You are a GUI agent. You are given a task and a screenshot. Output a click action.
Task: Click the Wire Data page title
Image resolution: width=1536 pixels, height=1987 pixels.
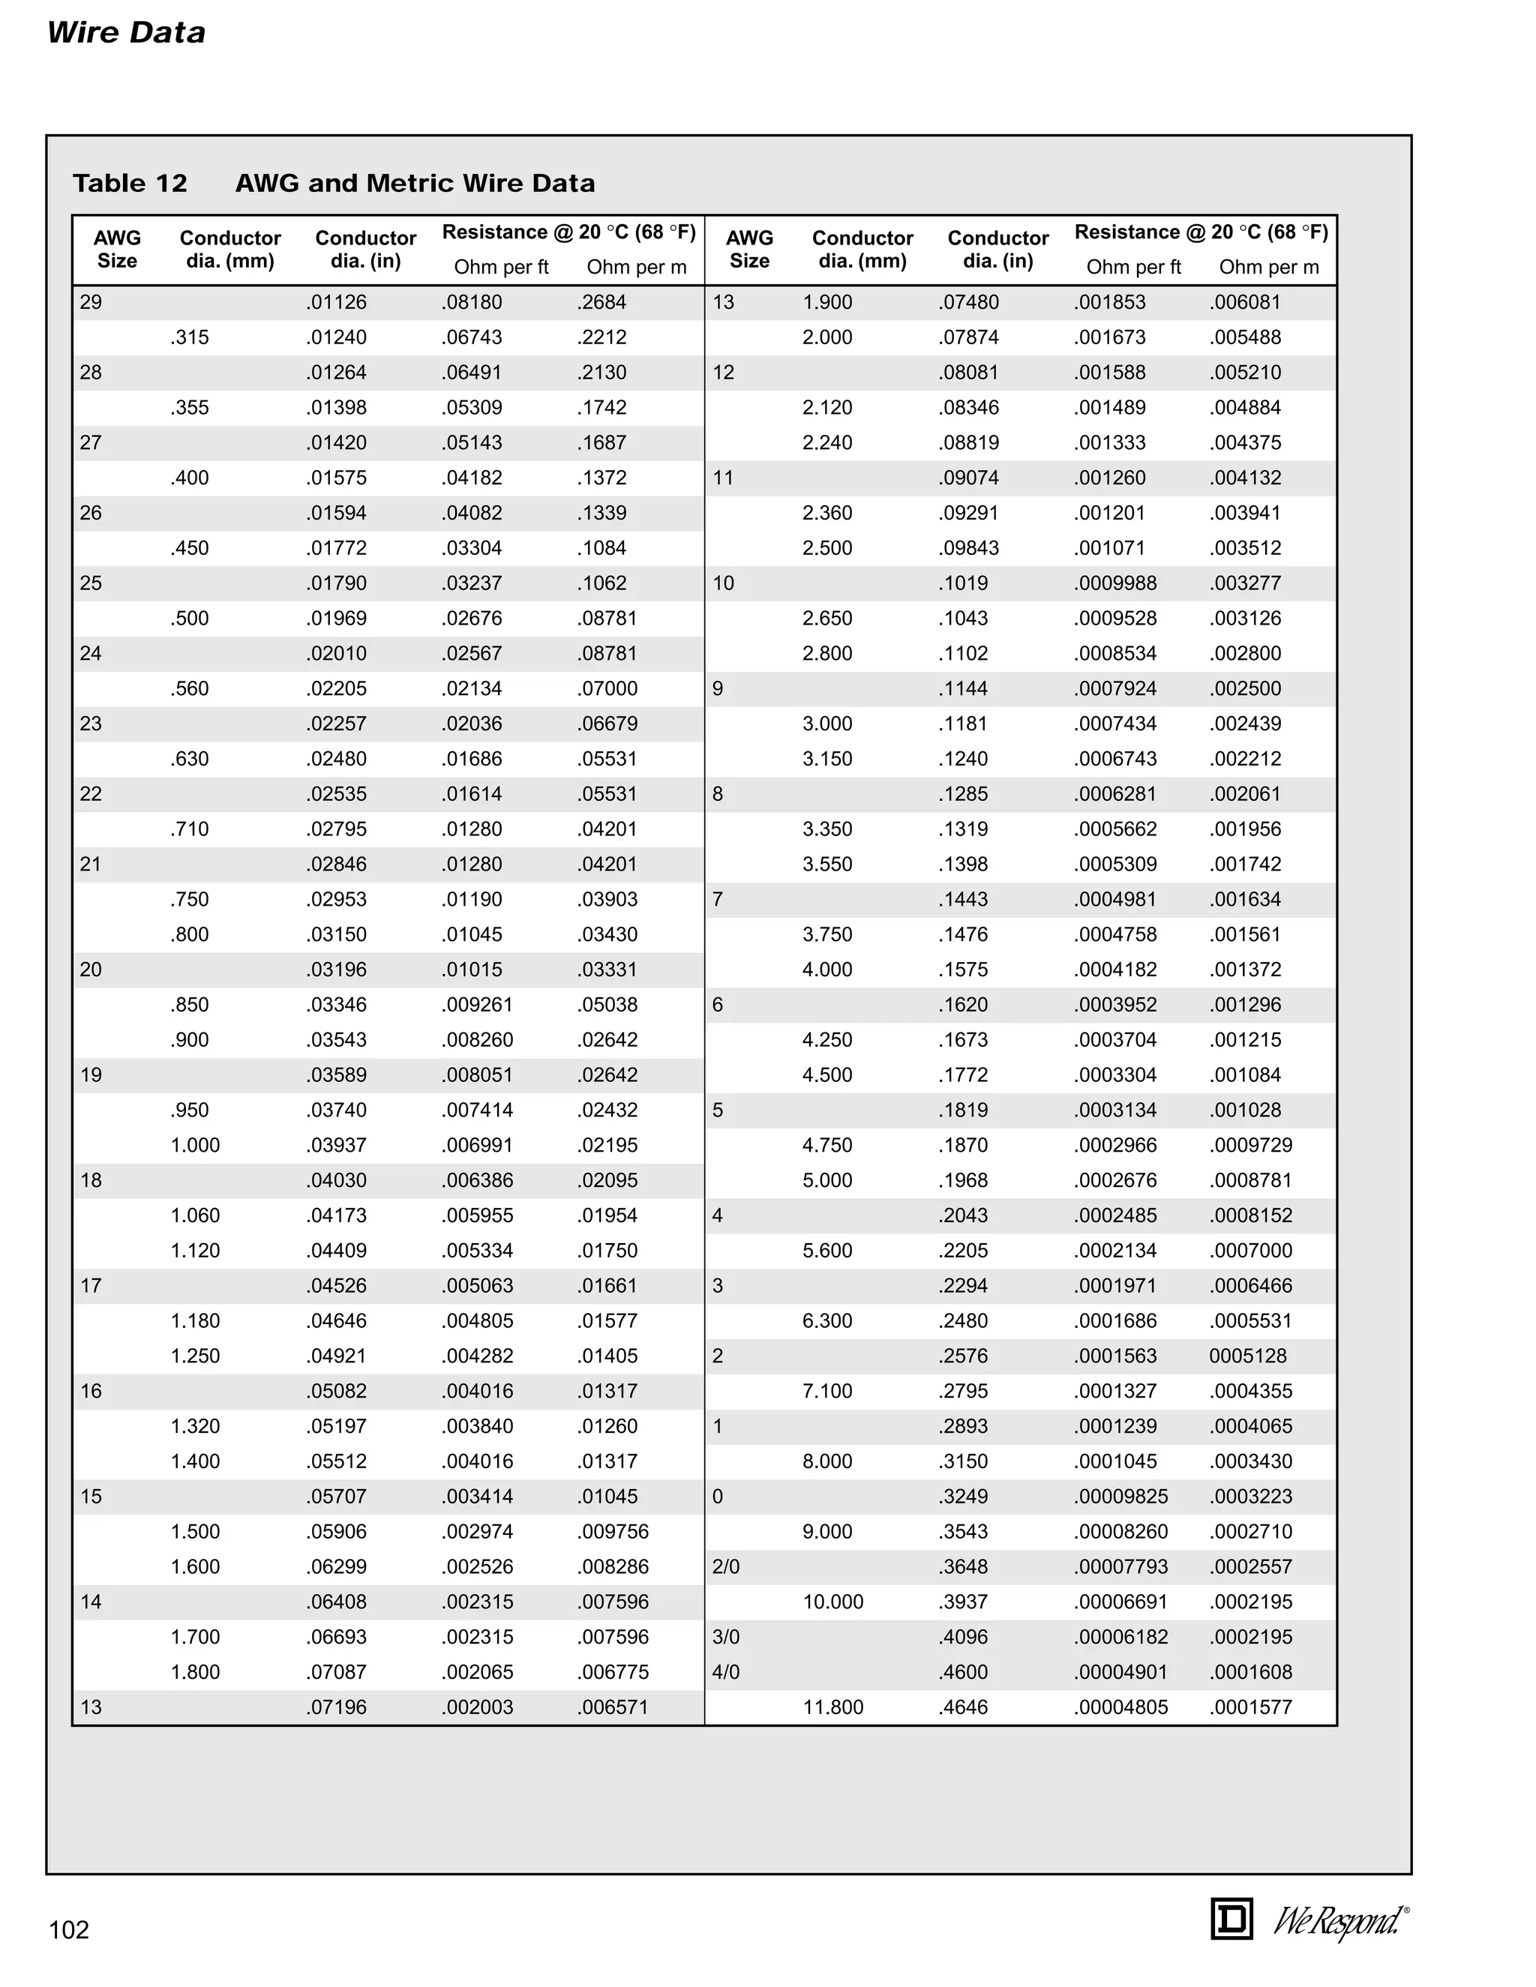(127, 33)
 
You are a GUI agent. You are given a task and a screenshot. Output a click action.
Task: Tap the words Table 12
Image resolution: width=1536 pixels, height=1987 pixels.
(130, 184)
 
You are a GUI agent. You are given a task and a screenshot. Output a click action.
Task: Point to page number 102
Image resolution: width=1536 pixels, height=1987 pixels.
(69, 1930)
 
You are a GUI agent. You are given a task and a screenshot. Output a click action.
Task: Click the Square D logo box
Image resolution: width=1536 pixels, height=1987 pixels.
(1231, 1919)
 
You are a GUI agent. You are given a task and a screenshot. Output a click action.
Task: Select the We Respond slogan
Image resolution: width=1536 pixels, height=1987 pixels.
(1339, 1920)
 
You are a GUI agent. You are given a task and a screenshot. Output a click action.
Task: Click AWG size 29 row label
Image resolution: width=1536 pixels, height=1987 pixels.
(91, 302)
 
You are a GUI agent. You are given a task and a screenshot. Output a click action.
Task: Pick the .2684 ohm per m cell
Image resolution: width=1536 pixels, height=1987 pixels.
(601, 302)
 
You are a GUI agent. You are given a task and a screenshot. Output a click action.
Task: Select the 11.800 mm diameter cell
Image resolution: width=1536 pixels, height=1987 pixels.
(832, 1707)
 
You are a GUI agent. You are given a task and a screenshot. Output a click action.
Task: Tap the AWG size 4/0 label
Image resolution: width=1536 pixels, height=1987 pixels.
(726, 1672)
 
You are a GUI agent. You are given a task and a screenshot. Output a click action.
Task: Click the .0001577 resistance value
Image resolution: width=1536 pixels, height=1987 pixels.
(1250, 1707)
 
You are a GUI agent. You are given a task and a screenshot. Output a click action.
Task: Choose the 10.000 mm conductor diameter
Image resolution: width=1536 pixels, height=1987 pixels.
(832, 1602)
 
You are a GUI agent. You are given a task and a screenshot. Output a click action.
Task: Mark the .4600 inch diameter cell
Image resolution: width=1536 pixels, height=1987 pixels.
(963, 1672)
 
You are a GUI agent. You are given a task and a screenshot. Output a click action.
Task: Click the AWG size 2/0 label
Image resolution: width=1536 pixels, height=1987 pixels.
(726, 1566)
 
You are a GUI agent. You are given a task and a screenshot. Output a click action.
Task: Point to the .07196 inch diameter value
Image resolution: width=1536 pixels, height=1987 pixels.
(337, 1707)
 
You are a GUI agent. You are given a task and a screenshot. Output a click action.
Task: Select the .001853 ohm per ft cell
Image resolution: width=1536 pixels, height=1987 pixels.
(1109, 302)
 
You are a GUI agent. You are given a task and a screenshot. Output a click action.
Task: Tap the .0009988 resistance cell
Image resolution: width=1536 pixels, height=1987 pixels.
(1114, 583)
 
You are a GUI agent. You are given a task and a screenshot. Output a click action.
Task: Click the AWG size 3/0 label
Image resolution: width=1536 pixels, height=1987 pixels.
(726, 1637)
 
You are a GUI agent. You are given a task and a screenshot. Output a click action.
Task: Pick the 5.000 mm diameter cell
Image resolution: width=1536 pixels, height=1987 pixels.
(827, 1180)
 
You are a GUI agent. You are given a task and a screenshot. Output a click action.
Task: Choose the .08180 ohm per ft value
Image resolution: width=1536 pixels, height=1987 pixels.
(472, 302)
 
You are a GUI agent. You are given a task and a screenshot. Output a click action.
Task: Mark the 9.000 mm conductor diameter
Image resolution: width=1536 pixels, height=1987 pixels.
(827, 1531)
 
